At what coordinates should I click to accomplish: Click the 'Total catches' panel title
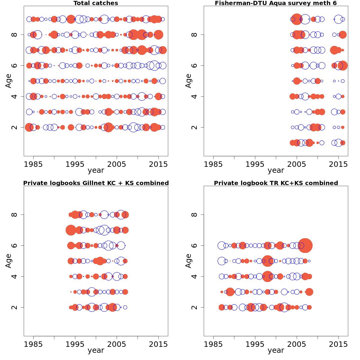[96, 3]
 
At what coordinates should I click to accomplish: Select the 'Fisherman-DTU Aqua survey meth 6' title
[276, 3]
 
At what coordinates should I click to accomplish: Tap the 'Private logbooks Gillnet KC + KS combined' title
[96, 183]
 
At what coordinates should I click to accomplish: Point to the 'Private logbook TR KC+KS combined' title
[276, 183]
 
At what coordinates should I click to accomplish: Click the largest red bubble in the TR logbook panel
[305, 245]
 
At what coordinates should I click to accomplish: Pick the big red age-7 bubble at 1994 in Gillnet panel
[71, 230]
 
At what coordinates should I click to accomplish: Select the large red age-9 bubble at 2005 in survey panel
[297, 19]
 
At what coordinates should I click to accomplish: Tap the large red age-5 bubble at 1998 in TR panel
[267, 261]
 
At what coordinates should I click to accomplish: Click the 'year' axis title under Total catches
[96, 170]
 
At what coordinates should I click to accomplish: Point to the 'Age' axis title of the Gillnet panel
[8, 261]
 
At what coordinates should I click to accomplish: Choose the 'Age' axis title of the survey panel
[188, 81]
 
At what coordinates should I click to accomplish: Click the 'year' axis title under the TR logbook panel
[276, 350]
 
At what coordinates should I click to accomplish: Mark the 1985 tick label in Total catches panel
[33, 164]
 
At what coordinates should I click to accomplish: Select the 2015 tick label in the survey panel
[338, 164]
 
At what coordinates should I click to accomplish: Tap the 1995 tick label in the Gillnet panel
[75, 344]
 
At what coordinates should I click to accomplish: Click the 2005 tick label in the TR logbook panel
[297, 344]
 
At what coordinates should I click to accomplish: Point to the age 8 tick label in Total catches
[14, 35]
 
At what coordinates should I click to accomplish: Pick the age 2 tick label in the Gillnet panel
[14, 307]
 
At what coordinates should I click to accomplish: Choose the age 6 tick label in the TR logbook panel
[194, 245]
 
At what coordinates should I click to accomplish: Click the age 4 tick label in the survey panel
[194, 96]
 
